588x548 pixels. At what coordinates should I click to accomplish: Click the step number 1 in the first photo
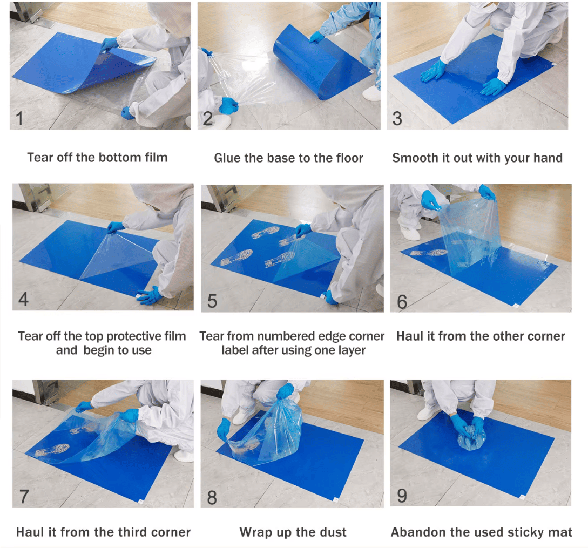(x=19, y=118)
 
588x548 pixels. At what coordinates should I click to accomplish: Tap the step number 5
(x=212, y=301)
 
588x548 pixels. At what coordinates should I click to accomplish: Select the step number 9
(x=402, y=496)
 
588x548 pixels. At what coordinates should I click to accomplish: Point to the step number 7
(x=24, y=497)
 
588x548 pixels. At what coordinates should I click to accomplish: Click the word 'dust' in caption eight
(x=333, y=532)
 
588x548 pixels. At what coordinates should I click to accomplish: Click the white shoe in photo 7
(x=184, y=456)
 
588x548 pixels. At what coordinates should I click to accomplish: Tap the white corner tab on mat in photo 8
(x=336, y=499)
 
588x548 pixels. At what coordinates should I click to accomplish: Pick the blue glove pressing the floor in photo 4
(x=150, y=295)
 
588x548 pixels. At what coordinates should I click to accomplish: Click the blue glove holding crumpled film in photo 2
(x=229, y=105)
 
